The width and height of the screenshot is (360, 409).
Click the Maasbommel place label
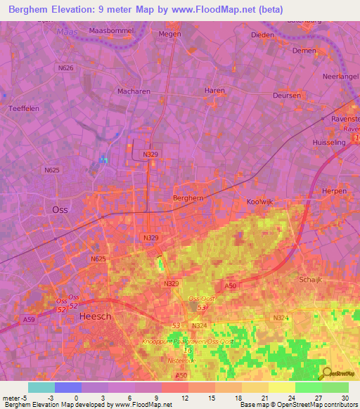click(x=112, y=32)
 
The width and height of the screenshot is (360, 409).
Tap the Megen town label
click(x=169, y=33)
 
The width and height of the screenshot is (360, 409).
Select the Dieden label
click(x=262, y=34)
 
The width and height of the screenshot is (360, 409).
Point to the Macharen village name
click(x=114, y=91)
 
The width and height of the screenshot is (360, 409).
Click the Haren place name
click(x=214, y=91)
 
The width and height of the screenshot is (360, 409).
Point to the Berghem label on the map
click(x=188, y=198)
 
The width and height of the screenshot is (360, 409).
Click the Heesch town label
click(x=96, y=317)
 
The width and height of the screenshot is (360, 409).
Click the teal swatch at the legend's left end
click(x=41, y=387)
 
